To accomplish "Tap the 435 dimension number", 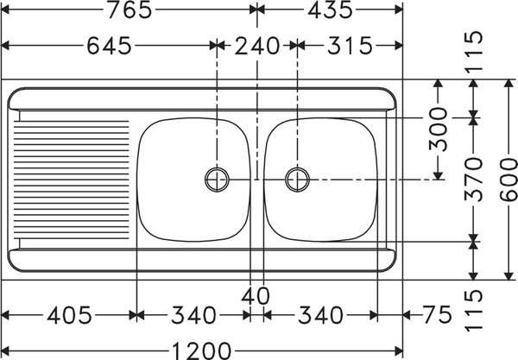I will [329, 10].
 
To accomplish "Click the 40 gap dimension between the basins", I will [256, 295].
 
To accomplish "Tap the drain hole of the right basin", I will [297, 179].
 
